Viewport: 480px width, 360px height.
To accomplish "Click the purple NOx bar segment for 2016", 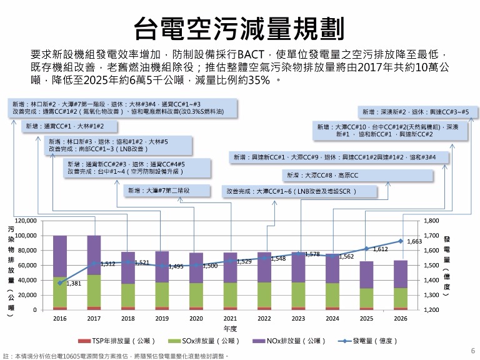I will (60, 256).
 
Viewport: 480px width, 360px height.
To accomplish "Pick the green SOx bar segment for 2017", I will (94, 291).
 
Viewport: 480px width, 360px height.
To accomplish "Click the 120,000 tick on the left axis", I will (31, 221).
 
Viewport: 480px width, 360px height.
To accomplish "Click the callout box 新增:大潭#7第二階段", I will (159, 191).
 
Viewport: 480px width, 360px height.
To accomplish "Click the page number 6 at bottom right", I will (472, 351).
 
